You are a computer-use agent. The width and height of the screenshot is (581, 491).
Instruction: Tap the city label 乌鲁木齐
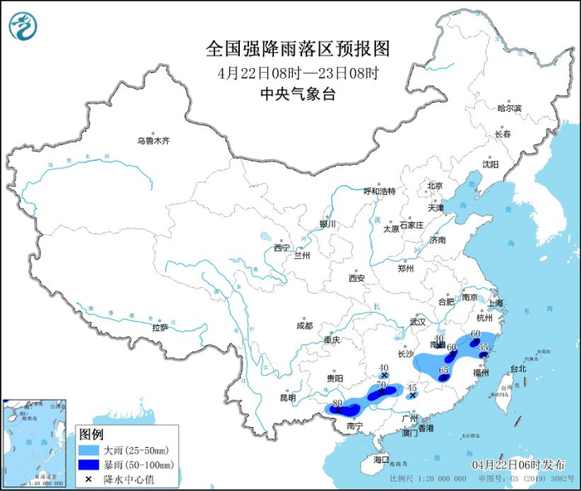(153, 141)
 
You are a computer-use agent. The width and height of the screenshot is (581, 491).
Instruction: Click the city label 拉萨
(160, 328)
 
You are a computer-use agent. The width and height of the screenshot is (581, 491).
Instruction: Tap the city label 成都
(302, 326)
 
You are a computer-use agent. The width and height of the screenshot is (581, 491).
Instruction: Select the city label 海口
(381, 459)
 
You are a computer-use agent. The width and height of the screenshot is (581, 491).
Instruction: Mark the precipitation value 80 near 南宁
(337, 404)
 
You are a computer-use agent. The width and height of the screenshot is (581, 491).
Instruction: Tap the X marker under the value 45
(413, 396)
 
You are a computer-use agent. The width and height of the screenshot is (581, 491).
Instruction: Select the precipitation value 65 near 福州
(443, 370)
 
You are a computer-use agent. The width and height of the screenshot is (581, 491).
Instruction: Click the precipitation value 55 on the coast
(484, 347)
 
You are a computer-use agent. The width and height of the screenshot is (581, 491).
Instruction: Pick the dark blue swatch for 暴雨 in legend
(89, 464)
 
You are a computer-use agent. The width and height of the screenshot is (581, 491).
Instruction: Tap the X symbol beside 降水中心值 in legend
(89, 479)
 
